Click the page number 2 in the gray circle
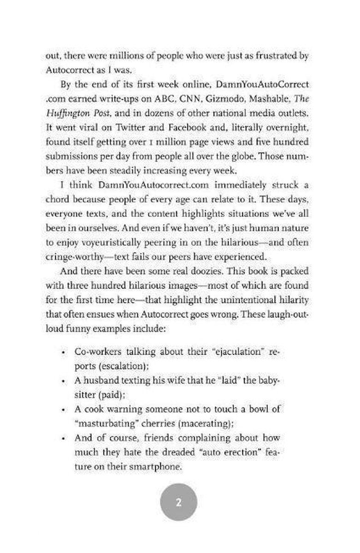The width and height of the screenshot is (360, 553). point(179,502)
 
